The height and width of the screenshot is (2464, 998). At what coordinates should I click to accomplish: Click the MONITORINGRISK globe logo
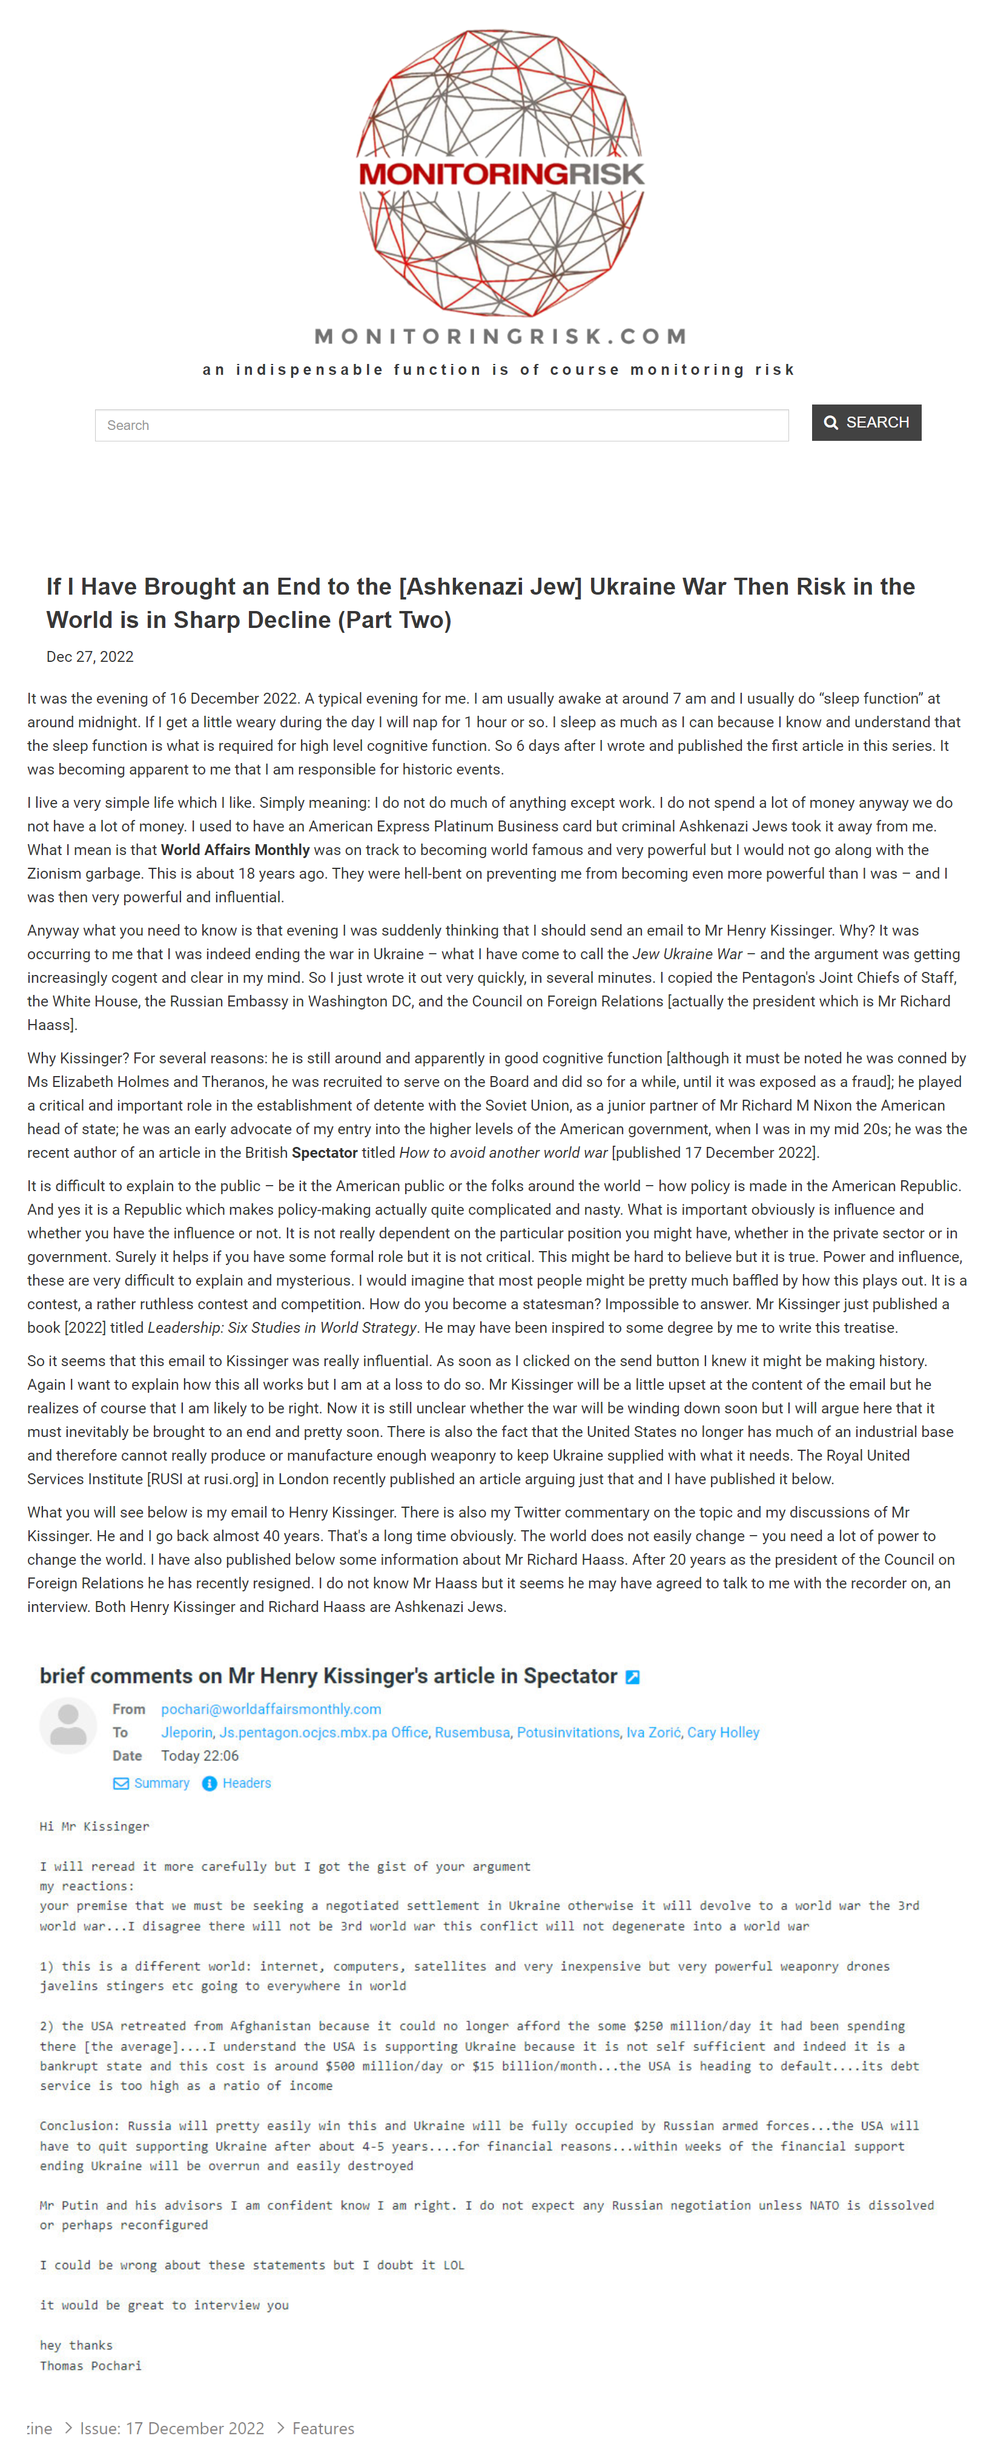click(500, 172)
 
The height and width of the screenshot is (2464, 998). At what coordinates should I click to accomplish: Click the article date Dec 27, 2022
click(90, 657)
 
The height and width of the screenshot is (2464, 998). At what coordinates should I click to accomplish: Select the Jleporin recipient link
click(187, 1732)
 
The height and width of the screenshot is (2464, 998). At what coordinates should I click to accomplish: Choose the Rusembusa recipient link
click(472, 1732)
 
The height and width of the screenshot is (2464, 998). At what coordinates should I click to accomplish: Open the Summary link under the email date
click(160, 1783)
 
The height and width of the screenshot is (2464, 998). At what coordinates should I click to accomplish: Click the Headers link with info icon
click(246, 1783)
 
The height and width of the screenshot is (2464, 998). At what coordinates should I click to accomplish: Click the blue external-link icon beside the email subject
click(632, 1677)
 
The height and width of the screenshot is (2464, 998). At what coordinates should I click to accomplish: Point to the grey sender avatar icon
click(68, 1726)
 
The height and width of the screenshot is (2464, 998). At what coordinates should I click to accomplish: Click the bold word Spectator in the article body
click(325, 1152)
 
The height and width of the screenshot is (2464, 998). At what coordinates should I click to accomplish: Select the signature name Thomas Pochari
click(90, 2365)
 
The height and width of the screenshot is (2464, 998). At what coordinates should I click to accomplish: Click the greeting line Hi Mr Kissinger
click(94, 1826)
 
